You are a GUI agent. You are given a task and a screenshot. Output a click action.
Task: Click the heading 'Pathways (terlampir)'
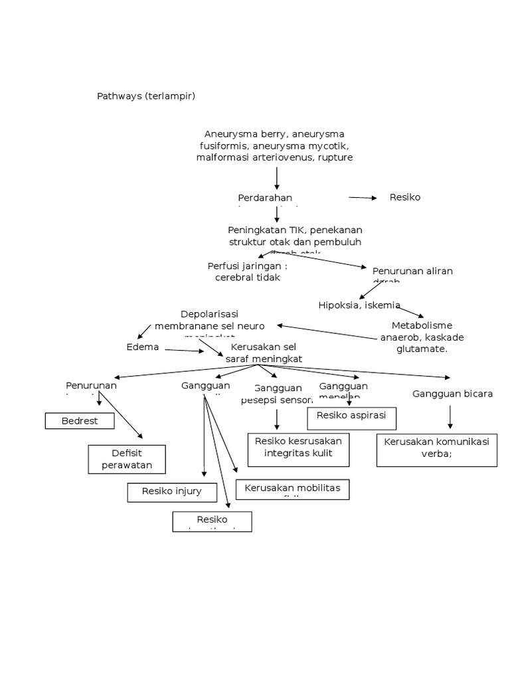146,96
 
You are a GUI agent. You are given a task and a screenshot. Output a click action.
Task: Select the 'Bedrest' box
80,421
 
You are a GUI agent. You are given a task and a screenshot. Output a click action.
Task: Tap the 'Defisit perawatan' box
127,459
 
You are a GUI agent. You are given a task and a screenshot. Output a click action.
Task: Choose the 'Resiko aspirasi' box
352,418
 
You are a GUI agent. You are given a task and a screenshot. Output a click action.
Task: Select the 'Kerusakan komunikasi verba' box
436,450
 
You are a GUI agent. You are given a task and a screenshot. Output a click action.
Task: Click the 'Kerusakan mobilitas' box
292,489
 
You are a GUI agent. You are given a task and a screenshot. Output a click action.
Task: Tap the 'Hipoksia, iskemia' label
359,305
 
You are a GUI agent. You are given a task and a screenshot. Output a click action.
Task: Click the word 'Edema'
143,347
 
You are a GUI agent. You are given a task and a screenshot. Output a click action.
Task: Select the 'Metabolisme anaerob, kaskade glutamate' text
422,337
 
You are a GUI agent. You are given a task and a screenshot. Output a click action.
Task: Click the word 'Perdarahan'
265,198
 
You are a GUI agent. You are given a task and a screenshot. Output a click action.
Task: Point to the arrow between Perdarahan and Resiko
363,197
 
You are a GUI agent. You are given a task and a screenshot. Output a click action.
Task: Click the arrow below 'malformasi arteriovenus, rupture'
277,177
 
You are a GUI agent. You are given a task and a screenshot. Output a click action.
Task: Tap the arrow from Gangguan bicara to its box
451,416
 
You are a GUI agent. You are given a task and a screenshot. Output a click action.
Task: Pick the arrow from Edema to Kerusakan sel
185,351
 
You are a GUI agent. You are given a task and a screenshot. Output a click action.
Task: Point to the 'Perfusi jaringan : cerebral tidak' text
248,271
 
